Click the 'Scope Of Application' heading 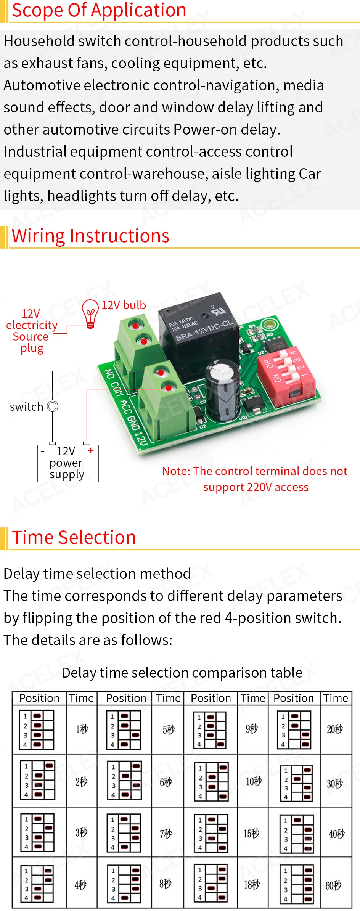[99, 10]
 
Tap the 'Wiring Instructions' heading [90, 236]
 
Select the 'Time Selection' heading [74, 538]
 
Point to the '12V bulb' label [124, 305]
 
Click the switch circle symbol [53, 406]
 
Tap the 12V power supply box [68, 463]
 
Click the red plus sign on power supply [91, 450]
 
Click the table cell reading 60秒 [334, 885]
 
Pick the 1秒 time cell [82, 729]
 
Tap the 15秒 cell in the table [251, 834]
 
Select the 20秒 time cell [334, 729]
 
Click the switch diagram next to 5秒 [124, 730]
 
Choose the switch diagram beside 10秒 [211, 781]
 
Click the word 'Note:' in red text [176, 471]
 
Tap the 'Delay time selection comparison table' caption [182, 673]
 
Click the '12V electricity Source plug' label [31, 331]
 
